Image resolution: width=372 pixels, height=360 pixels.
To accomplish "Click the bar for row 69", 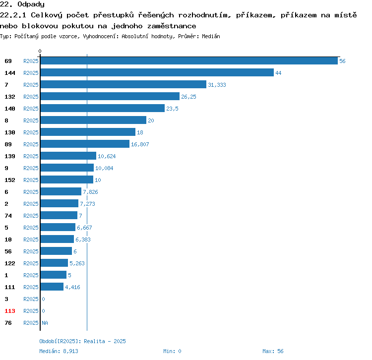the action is tap(189, 60).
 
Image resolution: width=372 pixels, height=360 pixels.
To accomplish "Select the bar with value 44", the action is tap(157, 72).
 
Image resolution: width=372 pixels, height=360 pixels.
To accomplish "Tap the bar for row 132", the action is tap(110, 96).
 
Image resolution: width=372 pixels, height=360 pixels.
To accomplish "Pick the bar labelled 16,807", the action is tap(85, 144).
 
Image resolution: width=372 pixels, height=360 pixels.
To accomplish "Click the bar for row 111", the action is tap(52, 287).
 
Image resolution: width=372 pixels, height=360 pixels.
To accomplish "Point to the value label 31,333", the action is tap(217, 85).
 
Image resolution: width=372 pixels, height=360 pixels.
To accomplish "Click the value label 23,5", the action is tap(172, 109).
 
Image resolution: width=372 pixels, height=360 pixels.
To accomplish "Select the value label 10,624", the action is tap(107, 156).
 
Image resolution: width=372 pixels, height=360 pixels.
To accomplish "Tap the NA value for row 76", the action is tap(45, 323).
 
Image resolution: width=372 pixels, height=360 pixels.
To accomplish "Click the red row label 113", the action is tap(10, 311).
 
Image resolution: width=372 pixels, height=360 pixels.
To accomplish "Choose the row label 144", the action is tap(10, 73).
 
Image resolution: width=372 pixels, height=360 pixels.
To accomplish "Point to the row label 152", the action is tap(10, 180).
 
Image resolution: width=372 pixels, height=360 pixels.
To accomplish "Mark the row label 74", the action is tap(8, 216).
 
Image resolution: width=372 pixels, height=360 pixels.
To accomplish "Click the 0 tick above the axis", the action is tap(40, 51).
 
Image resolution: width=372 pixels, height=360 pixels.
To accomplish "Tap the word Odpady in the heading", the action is tap(31, 4).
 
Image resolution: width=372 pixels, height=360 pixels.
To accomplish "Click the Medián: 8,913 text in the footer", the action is tap(59, 351).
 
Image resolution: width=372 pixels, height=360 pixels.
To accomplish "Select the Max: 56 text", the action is tap(273, 351).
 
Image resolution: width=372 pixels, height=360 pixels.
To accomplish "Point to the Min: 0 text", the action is tap(172, 351).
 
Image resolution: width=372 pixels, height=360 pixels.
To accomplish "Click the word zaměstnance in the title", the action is tap(172, 26).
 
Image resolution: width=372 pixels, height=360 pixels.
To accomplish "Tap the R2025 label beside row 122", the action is tap(31, 263).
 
